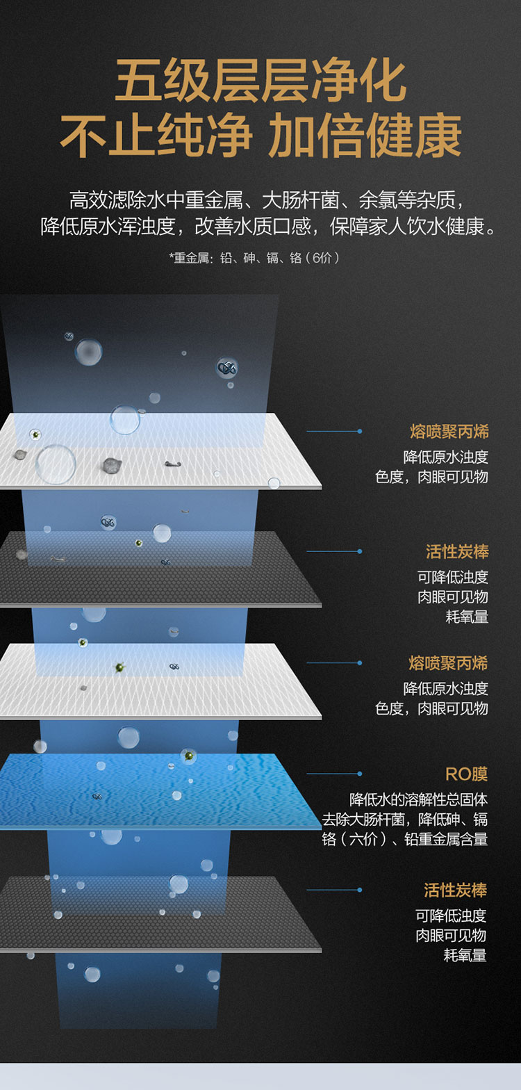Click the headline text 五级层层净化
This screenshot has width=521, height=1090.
(x=260, y=82)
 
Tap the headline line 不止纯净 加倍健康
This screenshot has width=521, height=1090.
(x=260, y=136)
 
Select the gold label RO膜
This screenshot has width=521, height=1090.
(x=466, y=774)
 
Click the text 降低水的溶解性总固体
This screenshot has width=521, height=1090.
(x=418, y=800)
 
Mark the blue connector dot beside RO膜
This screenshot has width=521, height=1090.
(x=360, y=773)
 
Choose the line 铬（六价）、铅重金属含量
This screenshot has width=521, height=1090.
(x=404, y=839)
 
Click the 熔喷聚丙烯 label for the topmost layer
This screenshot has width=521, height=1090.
(x=449, y=432)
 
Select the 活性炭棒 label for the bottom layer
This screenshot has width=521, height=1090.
(x=455, y=890)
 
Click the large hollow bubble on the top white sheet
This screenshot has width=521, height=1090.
(x=56, y=464)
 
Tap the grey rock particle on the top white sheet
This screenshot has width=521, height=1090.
(x=111, y=464)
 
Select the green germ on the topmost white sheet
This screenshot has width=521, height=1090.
(x=34, y=434)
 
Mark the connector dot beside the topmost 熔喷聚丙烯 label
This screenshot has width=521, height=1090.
(x=360, y=431)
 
